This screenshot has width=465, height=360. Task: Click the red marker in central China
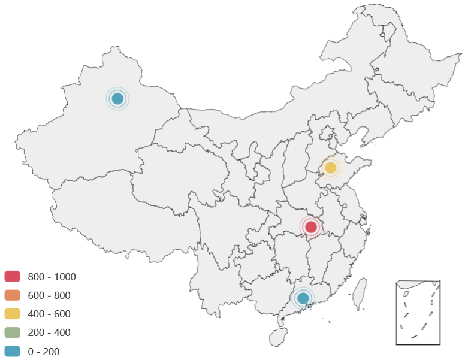pos(310,227)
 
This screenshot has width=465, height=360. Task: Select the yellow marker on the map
pos(330,168)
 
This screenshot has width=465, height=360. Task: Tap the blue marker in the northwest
pos(117,99)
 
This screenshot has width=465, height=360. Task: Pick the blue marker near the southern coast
pos(303,298)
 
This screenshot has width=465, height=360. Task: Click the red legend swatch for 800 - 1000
pos(13,276)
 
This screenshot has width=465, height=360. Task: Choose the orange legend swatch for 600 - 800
pos(13,295)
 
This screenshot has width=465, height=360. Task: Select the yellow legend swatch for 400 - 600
pos(13,314)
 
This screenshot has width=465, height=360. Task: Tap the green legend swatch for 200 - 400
pos(13,332)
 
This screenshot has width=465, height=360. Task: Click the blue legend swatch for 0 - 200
pos(13,352)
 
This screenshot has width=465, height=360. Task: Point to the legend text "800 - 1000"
pos(52,276)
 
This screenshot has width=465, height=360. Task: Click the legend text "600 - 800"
pos(49,295)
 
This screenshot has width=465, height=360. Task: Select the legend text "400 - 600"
pos(49,314)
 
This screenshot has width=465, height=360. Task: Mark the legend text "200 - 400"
pos(49,332)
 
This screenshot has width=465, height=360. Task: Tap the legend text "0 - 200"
pos(44,352)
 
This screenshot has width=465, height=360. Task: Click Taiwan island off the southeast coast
pos(359,294)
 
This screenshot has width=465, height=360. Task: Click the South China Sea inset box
pos(418,312)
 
